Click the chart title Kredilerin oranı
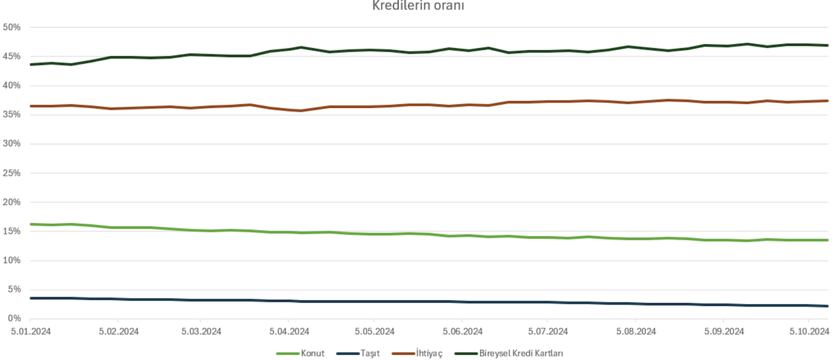[418, 6]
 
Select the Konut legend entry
[312, 353]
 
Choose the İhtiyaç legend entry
[429, 353]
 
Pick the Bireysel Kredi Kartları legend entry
[520, 353]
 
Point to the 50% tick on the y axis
[11, 27]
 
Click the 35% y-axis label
[11, 114]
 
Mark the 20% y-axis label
[11, 202]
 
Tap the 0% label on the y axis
[14, 318]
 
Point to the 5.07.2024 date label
[547, 331]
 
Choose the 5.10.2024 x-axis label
[809, 331]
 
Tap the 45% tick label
[11, 56]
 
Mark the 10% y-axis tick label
[11, 260]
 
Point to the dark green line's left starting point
[31, 65]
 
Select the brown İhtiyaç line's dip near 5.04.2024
[300, 111]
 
